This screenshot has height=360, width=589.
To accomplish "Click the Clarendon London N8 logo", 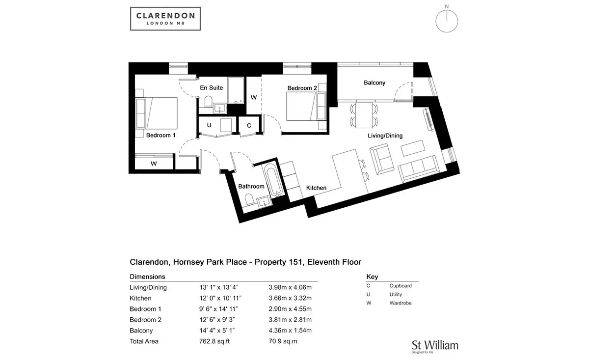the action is [165, 19].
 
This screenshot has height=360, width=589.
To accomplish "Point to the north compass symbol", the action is [447, 19].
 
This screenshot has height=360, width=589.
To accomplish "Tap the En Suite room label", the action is [211, 87].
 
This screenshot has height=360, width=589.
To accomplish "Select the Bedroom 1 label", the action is [161, 135].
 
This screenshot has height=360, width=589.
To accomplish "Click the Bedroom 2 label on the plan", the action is [302, 88].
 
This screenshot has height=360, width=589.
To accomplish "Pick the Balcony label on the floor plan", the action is [375, 83].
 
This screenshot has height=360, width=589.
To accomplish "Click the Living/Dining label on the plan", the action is [385, 136].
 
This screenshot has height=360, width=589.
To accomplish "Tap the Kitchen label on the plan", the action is [316, 188].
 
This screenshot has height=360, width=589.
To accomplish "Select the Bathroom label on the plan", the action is [251, 186].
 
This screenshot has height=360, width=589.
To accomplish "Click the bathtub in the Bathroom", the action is [273, 180].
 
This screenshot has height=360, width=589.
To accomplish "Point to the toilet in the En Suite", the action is [208, 101].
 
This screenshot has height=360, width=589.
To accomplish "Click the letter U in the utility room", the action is [209, 125].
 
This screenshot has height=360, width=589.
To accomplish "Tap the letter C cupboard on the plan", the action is [249, 126].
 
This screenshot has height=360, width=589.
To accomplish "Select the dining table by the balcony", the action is [364, 115].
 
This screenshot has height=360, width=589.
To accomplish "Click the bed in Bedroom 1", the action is [156, 113].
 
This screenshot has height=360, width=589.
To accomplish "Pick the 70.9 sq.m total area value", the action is [283, 341].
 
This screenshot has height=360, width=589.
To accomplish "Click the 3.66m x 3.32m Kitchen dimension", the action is [290, 298].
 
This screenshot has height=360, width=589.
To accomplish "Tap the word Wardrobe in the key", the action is [401, 303].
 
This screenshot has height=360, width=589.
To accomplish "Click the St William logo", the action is [435, 347].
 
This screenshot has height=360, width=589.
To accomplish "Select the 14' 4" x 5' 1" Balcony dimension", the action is [217, 330].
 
